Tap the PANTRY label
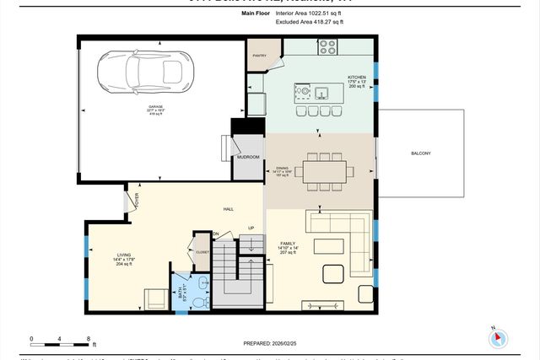(257, 56)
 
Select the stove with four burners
(327, 48)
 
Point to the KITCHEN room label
(357, 77)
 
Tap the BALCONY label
(420, 153)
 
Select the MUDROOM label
(247, 157)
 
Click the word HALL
(228, 209)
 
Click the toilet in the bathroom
(200, 300)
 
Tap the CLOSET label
(202, 251)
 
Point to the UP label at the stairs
(251, 228)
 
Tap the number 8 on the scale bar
(89, 340)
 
